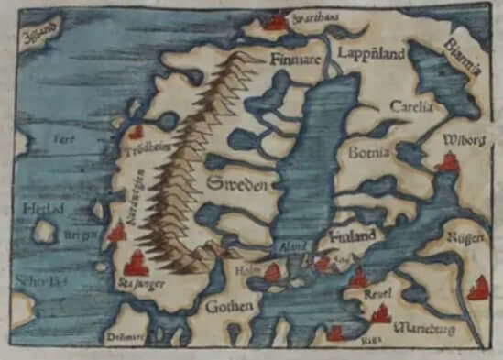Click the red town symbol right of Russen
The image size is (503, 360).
(477, 291)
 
